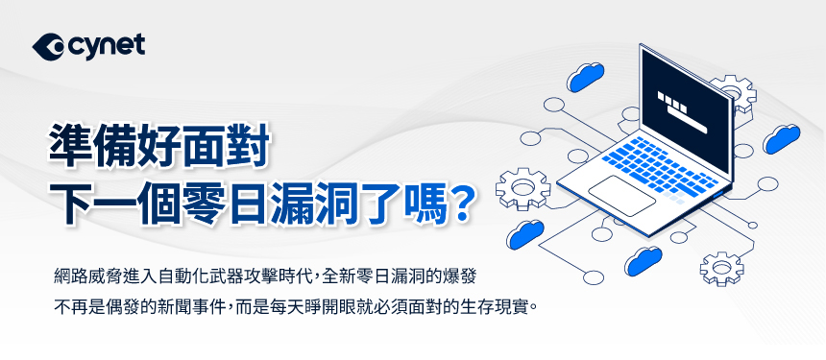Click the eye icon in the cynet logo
[x=48, y=47]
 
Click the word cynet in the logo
[x=106, y=47]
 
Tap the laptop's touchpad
[x=621, y=196]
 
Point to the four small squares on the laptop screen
[x=672, y=102]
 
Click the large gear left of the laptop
[x=523, y=188]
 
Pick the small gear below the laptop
[x=721, y=269]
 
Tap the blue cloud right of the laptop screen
[x=782, y=139]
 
